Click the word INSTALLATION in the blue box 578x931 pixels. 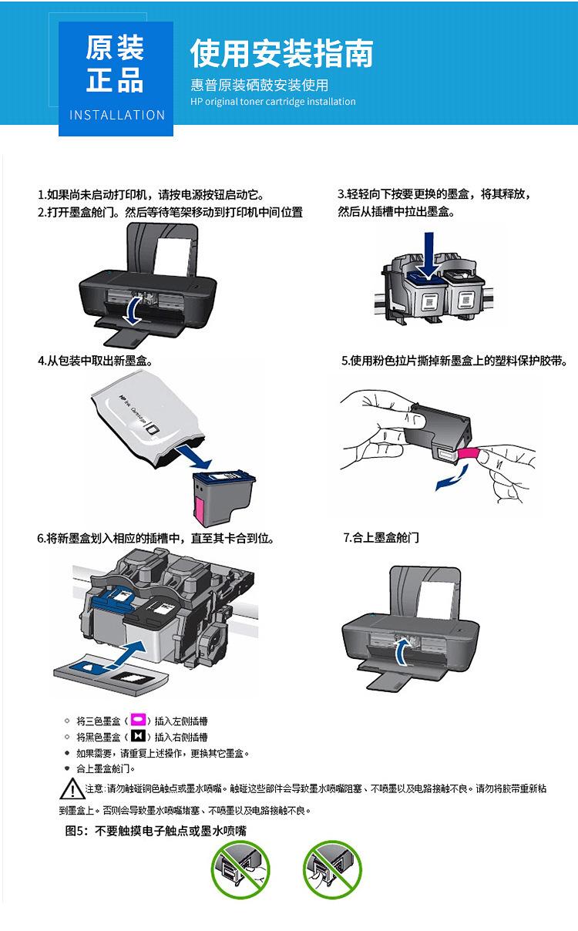tap(117, 115)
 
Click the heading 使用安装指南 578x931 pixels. tap(282, 53)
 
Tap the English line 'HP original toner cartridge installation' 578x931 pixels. tap(273, 102)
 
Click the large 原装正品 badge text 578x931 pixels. tap(115, 64)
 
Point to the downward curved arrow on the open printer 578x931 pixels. tap(134, 311)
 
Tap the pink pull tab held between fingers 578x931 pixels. tap(469, 453)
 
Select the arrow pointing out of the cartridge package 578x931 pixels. tap(194, 457)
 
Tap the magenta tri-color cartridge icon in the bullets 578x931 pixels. tap(139, 720)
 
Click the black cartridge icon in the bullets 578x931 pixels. tap(139, 736)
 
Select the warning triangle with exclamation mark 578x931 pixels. tap(72, 788)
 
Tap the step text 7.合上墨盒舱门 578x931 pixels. tap(381, 537)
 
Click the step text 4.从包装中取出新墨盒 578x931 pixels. tap(96, 361)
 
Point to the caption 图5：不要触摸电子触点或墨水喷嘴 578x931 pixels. tap(156, 830)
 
